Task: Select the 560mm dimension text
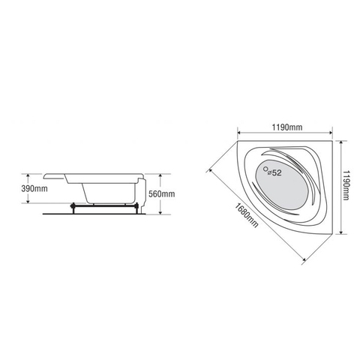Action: (162, 194)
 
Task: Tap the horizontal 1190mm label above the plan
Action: (283, 128)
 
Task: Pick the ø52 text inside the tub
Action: (275, 173)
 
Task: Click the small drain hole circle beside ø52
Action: (265, 172)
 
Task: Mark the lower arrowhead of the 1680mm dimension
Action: (304, 260)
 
